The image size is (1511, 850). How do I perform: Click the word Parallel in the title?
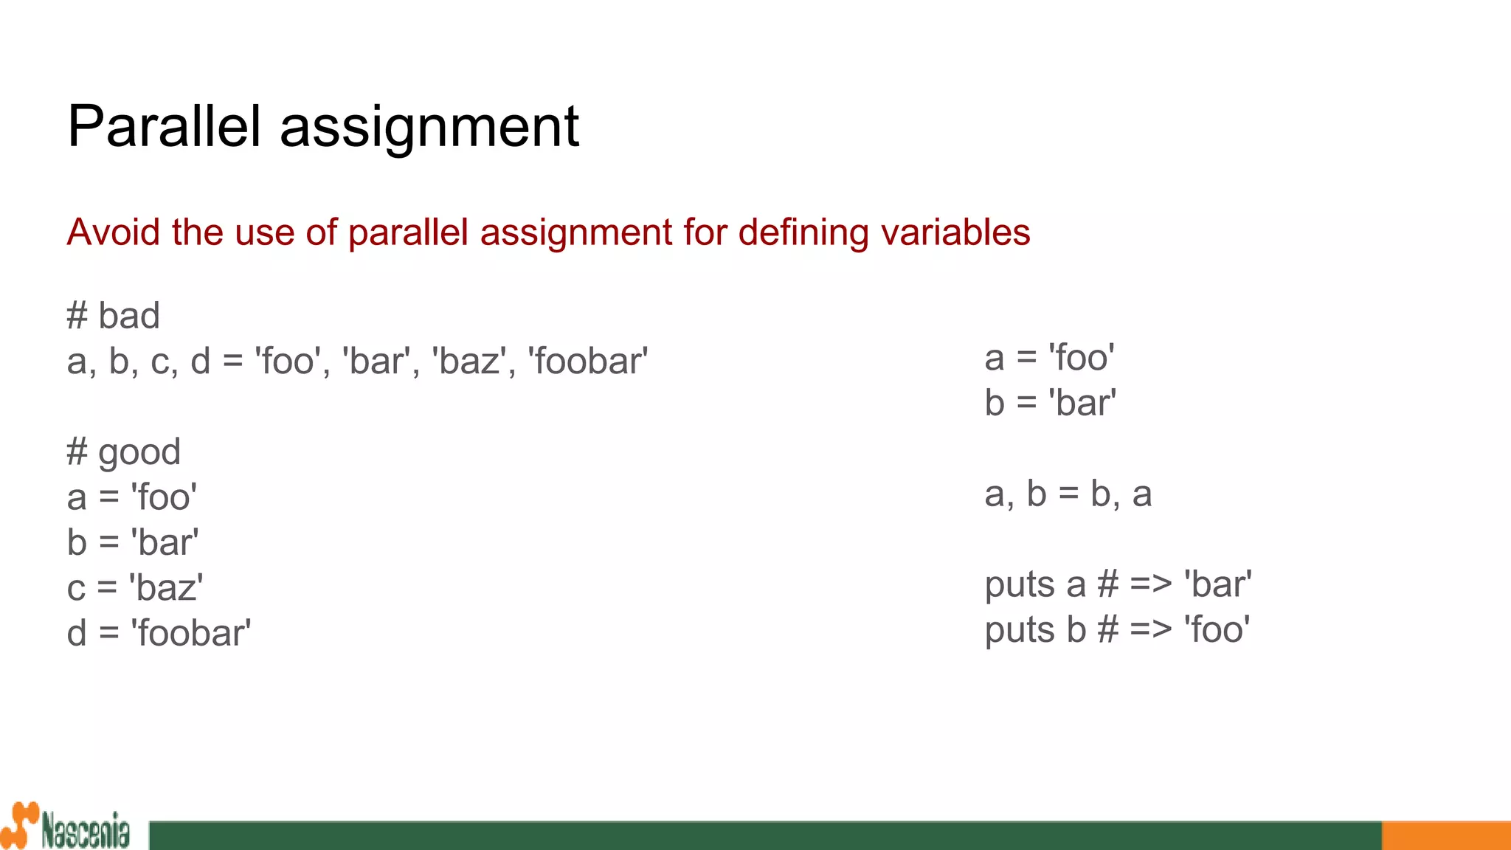pyautogui.click(x=164, y=126)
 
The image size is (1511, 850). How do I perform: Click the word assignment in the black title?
pyautogui.click(x=429, y=128)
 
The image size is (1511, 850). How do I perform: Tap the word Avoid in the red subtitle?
pyautogui.click(x=113, y=232)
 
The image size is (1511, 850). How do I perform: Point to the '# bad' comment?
pyautogui.click(x=113, y=316)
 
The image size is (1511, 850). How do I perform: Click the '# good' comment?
pyautogui.click(x=123, y=452)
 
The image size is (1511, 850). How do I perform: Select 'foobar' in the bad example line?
pyautogui.click(x=588, y=362)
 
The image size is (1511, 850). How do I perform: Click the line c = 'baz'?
pyautogui.click(x=134, y=588)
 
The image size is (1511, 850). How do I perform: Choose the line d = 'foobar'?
pyautogui.click(x=159, y=633)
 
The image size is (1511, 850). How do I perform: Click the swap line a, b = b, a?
pyautogui.click(x=1068, y=494)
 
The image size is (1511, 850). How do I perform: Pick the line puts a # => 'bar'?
pyautogui.click(x=1118, y=584)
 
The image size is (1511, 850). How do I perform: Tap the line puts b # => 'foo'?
pyautogui.click(x=1117, y=630)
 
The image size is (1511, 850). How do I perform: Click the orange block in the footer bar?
pyautogui.click(x=1445, y=835)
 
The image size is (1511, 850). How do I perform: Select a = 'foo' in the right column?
pyautogui.click(x=1049, y=358)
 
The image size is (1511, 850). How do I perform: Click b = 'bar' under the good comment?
pyautogui.click(x=133, y=543)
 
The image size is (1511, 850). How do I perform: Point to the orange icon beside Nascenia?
pyautogui.click(x=19, y=825)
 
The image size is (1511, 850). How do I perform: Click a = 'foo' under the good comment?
pyautogui.click(x=131, y=497)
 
